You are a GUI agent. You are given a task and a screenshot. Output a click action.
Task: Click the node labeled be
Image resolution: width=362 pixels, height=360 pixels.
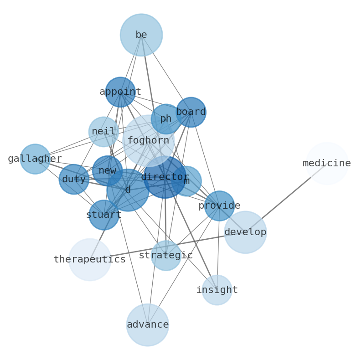tap(141, 35)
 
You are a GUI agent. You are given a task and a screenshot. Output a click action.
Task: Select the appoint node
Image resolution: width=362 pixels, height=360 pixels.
tap(120, 92)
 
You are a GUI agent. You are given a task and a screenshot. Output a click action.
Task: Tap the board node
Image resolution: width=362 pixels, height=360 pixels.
tap(191, 112)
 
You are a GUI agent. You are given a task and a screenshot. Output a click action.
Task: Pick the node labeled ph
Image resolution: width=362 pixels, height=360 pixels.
tap(166, 119)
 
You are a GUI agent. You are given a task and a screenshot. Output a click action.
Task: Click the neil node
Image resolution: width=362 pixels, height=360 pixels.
tap(103, 132)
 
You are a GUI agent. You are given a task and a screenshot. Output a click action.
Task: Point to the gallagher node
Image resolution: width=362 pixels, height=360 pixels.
tap(35, 159)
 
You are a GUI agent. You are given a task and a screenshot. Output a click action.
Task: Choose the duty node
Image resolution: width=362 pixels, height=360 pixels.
tap(74, 180)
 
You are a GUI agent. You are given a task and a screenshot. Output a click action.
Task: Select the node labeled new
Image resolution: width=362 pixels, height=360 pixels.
tap(107, 171)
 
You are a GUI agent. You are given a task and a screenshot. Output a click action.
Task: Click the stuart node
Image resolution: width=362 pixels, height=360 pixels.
tap(104, 215)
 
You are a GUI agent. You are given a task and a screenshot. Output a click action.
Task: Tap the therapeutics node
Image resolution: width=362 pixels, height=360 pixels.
tap(90, 260)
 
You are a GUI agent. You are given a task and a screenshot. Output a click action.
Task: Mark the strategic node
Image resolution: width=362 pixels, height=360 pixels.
tap(166, 256)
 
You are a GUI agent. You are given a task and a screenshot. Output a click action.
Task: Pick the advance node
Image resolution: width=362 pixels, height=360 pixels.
tap(148, 325)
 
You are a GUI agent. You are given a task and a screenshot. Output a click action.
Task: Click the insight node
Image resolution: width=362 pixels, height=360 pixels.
tap(217, 290)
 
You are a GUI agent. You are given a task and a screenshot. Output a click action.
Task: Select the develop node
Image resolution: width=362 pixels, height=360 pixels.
tap(245, 232)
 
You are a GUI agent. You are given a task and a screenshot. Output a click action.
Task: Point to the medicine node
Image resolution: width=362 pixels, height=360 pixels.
tap(327, 164)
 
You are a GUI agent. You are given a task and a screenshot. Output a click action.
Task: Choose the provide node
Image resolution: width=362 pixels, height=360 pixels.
tap(219, 206)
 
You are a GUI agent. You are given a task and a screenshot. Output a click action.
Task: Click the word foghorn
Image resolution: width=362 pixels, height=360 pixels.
tap(148, 141)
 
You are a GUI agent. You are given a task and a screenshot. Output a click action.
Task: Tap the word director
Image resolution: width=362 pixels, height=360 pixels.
tap(165, 177)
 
